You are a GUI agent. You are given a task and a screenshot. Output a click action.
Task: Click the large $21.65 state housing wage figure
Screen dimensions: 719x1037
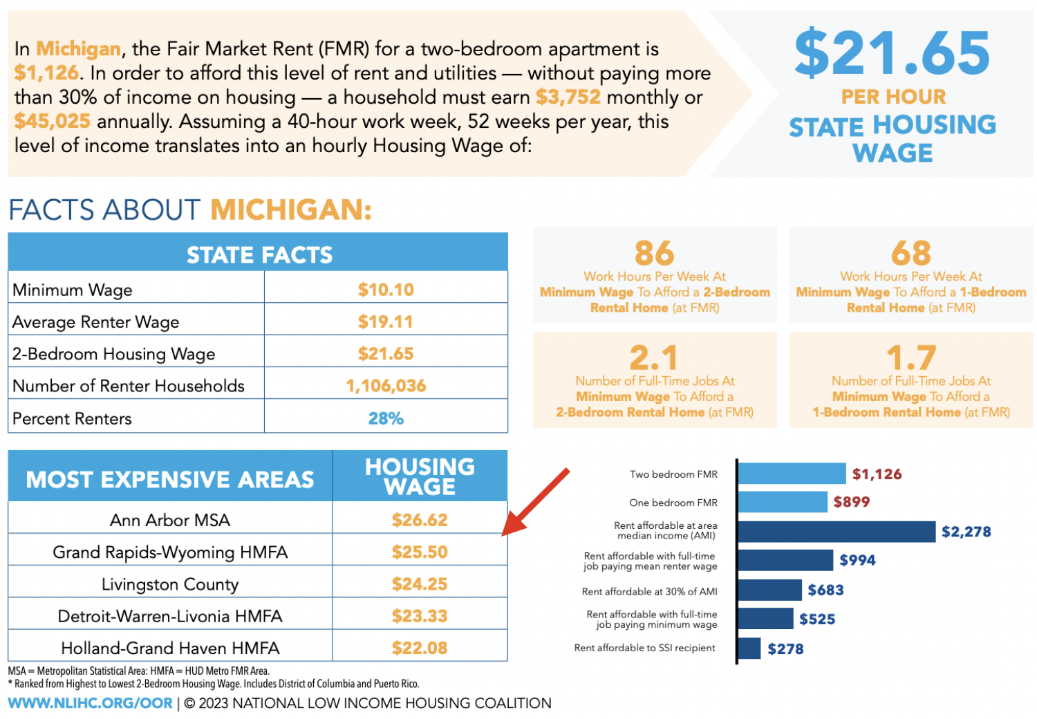892,54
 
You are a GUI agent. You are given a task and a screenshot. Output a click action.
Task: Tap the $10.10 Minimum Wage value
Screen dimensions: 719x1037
386,290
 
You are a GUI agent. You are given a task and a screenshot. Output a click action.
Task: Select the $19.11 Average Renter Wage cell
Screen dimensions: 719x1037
386,321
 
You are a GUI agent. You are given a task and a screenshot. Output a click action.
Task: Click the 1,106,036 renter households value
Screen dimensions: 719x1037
386,386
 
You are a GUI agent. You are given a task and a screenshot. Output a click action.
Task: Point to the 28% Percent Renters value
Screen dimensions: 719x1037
386,418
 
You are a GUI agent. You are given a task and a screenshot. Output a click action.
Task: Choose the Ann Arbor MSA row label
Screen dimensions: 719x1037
170,520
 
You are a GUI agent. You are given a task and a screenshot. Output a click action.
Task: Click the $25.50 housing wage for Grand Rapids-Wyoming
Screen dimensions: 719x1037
420,552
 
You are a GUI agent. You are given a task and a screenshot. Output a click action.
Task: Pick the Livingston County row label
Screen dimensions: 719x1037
170,584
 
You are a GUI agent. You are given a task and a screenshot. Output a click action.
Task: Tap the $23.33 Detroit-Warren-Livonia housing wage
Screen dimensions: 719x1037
420,616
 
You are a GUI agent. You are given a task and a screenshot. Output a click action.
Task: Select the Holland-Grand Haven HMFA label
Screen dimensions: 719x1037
170,648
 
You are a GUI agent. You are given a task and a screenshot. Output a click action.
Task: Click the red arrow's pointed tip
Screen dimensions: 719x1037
504,533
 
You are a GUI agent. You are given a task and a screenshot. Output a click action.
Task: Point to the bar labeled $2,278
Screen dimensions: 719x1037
837,532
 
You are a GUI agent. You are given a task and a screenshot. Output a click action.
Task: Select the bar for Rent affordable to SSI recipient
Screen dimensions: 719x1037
749,648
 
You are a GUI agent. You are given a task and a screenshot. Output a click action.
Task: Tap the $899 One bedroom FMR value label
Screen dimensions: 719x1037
851,502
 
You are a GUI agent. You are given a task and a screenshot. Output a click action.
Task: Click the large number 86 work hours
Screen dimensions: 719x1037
654,253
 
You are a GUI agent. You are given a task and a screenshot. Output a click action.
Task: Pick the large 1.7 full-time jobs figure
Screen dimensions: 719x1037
911,358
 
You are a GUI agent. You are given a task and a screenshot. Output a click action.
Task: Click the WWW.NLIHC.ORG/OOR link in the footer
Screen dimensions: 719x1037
91,703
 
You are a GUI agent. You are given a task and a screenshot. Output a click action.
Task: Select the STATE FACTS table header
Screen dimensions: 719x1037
259,254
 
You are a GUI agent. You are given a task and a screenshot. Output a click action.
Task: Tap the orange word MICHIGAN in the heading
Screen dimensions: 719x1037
291,209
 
